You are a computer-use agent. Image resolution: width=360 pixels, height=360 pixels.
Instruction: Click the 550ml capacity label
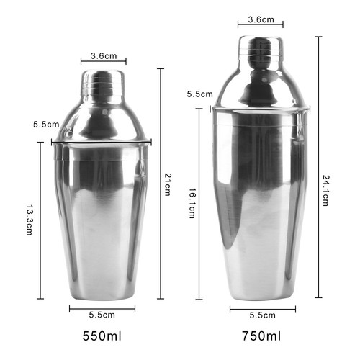click(102, 336)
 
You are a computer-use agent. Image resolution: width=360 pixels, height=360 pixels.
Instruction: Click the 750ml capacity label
click(261, 336)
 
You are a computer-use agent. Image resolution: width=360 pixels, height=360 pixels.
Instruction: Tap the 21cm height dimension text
click(168, 184)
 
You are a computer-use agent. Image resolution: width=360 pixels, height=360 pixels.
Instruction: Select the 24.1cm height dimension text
click(325, 191)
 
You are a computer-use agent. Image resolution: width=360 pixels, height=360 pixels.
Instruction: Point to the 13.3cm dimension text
click(29, 220)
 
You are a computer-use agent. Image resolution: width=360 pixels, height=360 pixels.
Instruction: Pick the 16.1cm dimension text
click(192, 203)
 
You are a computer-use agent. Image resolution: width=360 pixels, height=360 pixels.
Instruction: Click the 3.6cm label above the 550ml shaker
click(104, 56)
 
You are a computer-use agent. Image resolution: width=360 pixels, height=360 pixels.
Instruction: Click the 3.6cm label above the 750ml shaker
click(261, 19)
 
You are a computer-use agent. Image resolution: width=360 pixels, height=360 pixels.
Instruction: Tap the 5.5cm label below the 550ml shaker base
click(102, 315)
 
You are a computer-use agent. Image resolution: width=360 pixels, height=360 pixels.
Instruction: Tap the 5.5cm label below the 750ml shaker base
click(262, 315)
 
